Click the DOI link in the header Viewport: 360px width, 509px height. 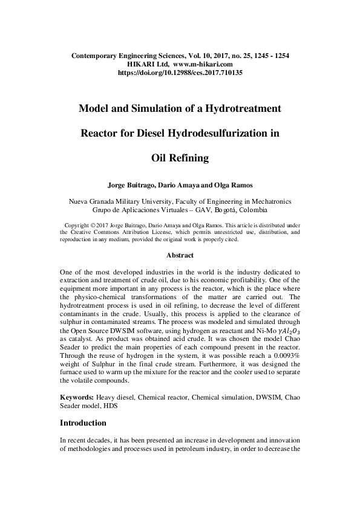coord(180,72)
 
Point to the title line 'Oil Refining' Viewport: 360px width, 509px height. coord(180,158)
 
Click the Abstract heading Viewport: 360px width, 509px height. coord(180,256)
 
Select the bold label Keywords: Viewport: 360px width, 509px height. coord(77,398)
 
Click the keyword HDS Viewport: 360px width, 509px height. coord(110,407)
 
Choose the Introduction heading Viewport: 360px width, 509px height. coord(91,424)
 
